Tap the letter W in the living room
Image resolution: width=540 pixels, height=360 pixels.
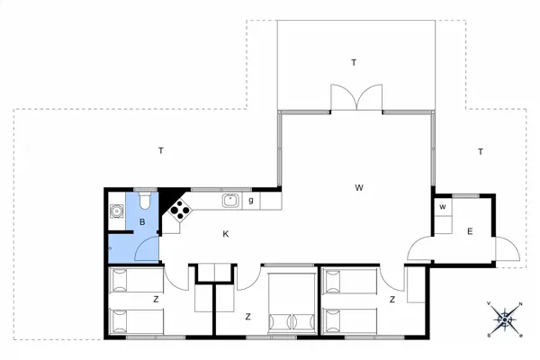358,188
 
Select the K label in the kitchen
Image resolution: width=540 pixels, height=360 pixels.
227,234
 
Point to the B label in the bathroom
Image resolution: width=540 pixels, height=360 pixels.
142,221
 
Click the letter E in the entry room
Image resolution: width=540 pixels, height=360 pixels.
469,232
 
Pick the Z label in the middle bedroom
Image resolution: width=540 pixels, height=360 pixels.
247,316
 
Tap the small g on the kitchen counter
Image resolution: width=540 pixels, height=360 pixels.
251,200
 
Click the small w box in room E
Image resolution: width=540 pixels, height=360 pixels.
443,208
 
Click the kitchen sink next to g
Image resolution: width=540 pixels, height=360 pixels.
229,200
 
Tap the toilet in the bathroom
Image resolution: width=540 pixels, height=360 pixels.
144,200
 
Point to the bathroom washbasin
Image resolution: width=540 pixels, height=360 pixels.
115,213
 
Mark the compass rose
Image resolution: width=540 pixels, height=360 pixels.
506,317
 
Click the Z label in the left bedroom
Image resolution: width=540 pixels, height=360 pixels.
156,298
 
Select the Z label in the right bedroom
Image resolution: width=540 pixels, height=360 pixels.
393,298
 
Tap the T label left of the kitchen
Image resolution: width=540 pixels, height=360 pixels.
160,150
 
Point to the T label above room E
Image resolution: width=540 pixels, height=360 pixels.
481,151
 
